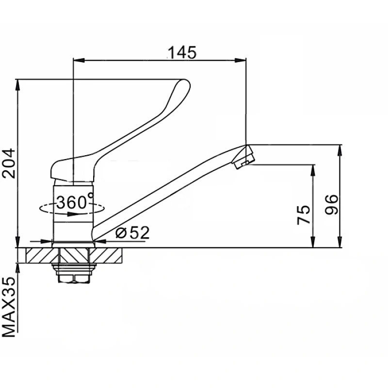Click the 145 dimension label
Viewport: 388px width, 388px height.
[x=182, y=52]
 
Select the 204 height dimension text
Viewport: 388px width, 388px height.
[x=9, y=163]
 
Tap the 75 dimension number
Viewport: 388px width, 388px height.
[x=304, y=214]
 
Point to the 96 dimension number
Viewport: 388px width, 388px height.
[x=331, y=204]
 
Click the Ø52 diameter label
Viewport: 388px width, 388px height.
[x=132, y=233]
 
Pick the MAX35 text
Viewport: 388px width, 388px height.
[x=9, y=307]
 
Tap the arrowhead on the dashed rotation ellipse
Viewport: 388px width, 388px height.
[x=73, y=214]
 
